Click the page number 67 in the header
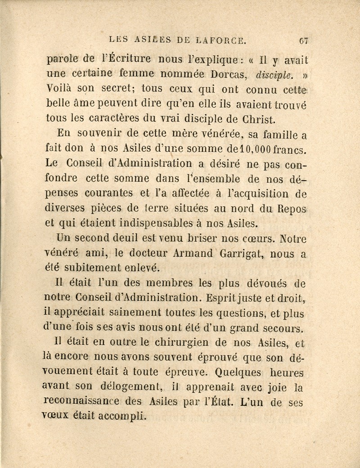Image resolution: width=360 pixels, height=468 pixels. (302, 42)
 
